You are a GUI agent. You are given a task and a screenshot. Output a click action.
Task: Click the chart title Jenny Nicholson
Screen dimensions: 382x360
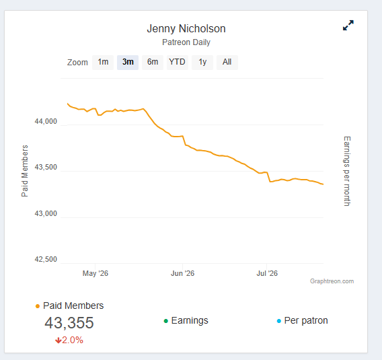coord(186,28)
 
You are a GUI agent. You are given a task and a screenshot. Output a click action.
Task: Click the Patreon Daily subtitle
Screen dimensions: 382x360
coord(186,42)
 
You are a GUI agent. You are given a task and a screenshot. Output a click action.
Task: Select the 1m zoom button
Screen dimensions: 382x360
coord(103,63)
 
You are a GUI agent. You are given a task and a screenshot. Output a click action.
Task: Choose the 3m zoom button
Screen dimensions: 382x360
coord(128,63)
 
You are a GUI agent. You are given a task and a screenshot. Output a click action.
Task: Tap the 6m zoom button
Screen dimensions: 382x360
coord(153,63)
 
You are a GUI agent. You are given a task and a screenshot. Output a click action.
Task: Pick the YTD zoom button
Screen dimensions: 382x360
coord(178,63)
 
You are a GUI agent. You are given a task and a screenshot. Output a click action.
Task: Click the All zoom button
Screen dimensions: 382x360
coord(227,63)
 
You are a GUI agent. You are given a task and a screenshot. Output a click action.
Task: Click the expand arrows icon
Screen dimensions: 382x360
coord(348,26)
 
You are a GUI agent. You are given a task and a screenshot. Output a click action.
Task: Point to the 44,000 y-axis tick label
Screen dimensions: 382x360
coord(46,121)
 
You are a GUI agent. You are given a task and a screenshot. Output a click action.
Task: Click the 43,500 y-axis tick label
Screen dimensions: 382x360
coord(46,167)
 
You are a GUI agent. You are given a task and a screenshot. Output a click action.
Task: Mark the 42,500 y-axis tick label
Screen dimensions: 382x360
coord(46,259)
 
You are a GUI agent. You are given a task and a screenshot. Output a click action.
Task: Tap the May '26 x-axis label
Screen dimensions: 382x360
coord(95,273)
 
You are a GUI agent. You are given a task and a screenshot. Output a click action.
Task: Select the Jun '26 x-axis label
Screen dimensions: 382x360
coord(182,273)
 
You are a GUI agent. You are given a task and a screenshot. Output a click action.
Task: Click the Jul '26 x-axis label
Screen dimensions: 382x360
coord(267,273)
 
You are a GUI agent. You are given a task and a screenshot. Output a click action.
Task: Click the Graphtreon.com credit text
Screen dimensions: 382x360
coord(332,281)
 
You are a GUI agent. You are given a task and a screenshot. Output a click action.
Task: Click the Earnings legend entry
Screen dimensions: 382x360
coord(186,320)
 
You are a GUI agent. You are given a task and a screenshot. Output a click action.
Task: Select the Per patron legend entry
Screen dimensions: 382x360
coord(303,320)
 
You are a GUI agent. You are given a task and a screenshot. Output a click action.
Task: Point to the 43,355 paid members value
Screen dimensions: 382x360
coord(69,323)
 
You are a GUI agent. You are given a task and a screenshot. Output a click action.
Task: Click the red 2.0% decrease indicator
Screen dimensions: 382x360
coord(69,340)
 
